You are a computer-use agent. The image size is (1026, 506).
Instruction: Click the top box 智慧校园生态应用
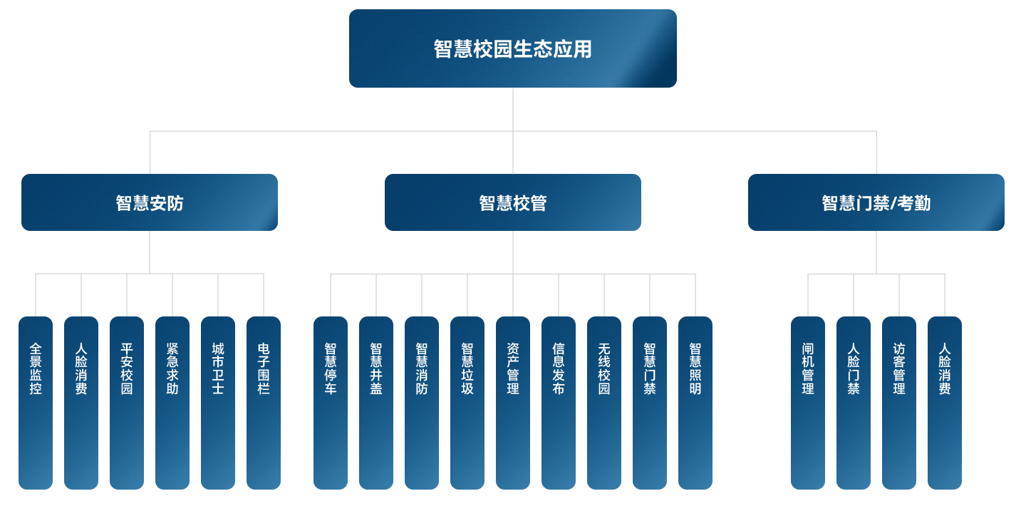tap(512, 48)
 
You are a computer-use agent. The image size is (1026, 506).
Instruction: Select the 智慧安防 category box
tap(150, 202)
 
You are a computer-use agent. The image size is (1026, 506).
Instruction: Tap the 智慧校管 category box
tap(512, 202)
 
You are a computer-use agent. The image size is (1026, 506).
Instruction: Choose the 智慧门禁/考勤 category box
tap(876, 202)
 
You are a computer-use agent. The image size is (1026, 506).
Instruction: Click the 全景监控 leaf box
tap(36, 403)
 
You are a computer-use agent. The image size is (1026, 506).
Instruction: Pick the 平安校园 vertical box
tap(127, 403)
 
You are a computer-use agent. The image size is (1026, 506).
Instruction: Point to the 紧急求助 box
tap(172, 403)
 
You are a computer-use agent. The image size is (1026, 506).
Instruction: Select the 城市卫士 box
tap(218, 403)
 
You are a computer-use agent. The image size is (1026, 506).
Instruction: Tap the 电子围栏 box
tap(264, 403)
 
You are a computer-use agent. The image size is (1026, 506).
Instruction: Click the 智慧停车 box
tap(331, 403)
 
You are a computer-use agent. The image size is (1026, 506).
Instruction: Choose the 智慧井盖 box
tap(376, 403)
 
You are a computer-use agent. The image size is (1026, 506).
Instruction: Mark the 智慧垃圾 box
tap(467, 403)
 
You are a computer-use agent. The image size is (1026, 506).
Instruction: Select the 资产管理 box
tap(513, 403)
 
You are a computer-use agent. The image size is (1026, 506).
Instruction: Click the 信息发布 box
tap(559, 403)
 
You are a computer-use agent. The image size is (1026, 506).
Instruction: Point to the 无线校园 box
tap(604, 403)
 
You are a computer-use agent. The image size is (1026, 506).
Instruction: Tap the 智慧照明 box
tap(695, 403)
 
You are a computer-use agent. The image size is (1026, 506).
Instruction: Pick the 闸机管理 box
tap(808, 403)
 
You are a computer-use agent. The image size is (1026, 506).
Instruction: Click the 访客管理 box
tap(899, 403)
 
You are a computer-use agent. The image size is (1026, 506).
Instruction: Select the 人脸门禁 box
tap(854, 403)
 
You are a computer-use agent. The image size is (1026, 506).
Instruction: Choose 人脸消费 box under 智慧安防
tap(81, 403)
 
